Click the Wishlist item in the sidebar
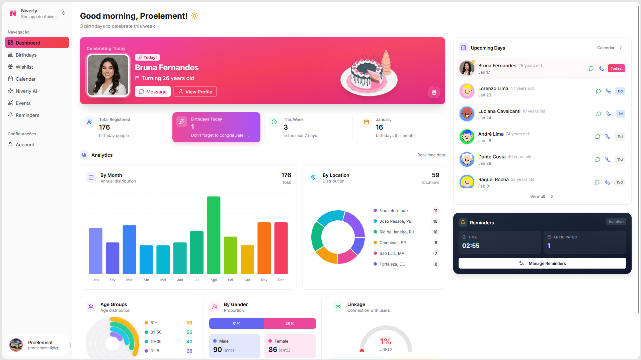[x=24, y=67]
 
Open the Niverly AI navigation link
[x=26, y=91]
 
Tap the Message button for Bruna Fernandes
[x=153, y=92]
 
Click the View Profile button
[x=195, y=92]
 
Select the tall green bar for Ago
[x=214, y=235]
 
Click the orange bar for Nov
[x=264, y=248]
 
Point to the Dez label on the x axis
[x=281, y=280]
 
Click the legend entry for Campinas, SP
[x=392, y=243]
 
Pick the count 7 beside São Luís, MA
[x=436, y=254]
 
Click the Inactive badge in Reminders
[x=616, y=222]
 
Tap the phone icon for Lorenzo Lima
[x=609, y=91]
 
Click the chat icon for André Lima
[x=597, y=137]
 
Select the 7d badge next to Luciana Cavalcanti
[x=620, y=114]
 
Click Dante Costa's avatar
[x=467, y=159]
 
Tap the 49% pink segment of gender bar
[x=290, y=324]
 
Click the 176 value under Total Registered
[x=104, y=127]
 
